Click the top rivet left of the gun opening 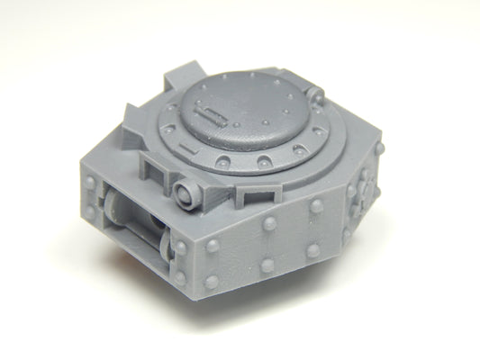click(x=90, y=184)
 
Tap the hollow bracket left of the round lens click(x=151, y=166)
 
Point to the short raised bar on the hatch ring click(x=187, y=145)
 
